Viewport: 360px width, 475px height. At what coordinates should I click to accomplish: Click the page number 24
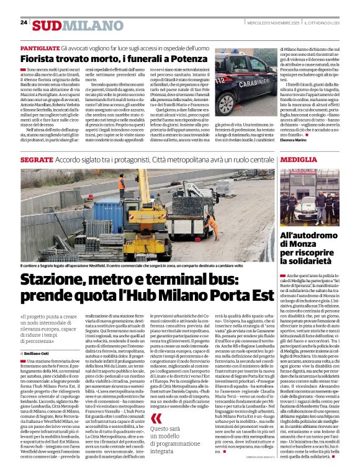tap(24, 22)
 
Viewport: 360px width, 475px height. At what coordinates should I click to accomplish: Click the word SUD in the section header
tap(47, 25)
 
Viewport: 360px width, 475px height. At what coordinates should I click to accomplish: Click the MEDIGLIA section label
tap(300, 159)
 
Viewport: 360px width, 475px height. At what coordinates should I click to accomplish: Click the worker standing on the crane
tap(122, 182)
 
